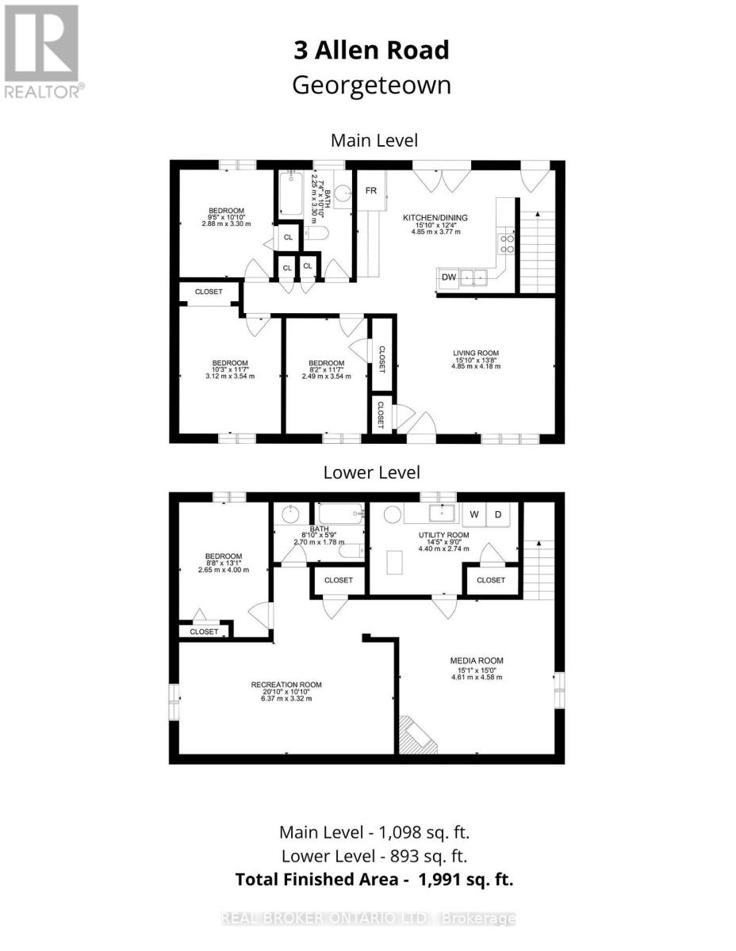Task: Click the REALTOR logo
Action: tap(43, 52)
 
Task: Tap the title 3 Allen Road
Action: tap(371, 51)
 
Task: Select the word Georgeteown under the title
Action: tap(371, 86)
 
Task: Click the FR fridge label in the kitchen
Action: tap(370, 191)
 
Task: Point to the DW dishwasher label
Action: tap(448, 277)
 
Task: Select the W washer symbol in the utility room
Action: tap(473, 514)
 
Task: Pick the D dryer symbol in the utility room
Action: tap(497, 514)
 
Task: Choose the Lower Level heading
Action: tap(371, 472)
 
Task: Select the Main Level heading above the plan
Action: tap(374, 140)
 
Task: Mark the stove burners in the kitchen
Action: tap(507, 244)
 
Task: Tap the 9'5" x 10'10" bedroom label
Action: tap(226, 217)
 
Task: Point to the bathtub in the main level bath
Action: tap(289, 194)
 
